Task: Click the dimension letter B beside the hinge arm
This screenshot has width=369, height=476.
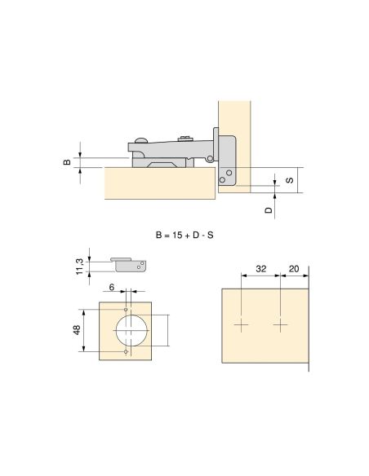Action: point(67,162)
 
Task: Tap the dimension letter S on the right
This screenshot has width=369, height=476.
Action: point(290,180)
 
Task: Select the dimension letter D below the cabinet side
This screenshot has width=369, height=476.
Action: point(269,210)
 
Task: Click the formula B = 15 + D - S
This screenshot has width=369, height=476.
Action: point(184,235)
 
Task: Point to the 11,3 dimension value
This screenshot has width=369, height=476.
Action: point(79,267)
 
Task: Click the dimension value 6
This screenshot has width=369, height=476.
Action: point(112,287)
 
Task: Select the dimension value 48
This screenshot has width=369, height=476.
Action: point(77,330)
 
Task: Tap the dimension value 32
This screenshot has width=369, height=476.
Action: point(260,269)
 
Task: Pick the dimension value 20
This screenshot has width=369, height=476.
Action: point(294,269)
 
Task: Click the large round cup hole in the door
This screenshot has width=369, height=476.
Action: point(131,331)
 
